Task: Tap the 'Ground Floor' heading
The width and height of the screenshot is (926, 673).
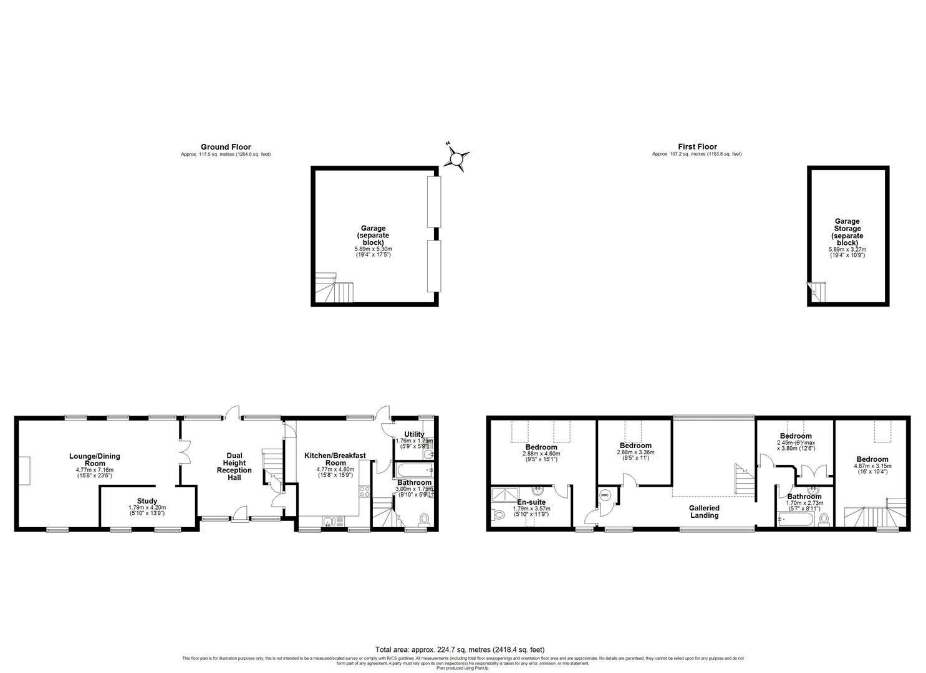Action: (x=226, y=147)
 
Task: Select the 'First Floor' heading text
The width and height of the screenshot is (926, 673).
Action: (x=697, y=147)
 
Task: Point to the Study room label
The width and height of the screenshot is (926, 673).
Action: (x=147, y=501)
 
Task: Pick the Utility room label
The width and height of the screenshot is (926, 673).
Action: (x=414, y=434)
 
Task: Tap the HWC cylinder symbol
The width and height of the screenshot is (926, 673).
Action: (x=605, y=495)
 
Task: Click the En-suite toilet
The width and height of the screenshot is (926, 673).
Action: (x=499, y=515)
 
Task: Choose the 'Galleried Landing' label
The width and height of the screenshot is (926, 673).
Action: (x=704, y=512)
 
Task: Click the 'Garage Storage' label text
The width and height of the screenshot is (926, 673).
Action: (x=847, y=229)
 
